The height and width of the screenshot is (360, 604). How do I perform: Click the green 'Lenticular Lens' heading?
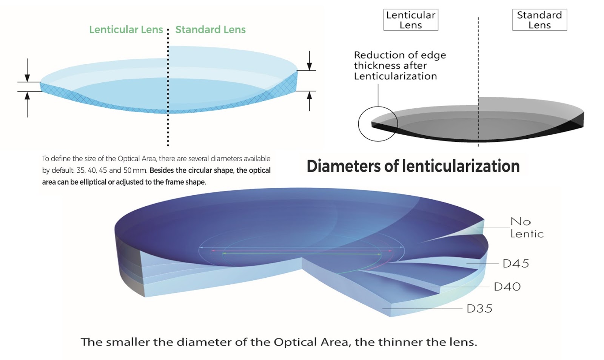(126, 29)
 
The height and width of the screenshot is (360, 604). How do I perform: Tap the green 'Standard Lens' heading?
(210, 29)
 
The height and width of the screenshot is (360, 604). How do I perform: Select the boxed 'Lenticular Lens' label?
(411, 20)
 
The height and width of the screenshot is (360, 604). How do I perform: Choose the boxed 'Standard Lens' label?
(539, 20)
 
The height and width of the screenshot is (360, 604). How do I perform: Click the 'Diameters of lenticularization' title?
(413, 166)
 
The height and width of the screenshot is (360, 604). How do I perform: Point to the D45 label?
(516, 263)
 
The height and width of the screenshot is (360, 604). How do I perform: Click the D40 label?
(507, 287)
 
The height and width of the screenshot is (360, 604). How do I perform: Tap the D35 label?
(479, 309)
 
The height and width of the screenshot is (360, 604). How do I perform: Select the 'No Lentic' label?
(526, 227)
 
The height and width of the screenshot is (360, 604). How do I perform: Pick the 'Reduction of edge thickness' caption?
(399, 66)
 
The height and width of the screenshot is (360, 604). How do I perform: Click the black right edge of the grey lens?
(578, 121)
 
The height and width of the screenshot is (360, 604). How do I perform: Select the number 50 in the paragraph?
(127, 170)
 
